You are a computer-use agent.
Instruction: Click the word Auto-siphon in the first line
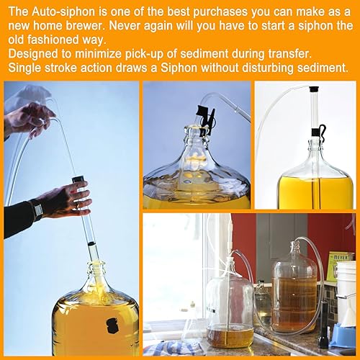(63, 12)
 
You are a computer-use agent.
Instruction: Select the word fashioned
(53, 40)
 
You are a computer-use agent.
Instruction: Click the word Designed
(33, 54)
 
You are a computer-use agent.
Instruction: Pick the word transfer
(289, 54)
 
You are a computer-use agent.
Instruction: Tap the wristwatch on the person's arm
(37, 209)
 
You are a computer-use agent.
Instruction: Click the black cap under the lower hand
(78, 179)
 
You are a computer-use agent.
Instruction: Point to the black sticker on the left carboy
(112, 325)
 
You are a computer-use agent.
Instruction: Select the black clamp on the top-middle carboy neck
(205, 118)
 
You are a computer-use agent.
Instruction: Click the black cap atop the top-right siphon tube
(313, 89)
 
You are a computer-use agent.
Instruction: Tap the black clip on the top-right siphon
(319, 132)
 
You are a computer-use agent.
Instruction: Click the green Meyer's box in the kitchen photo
(341, 265)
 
